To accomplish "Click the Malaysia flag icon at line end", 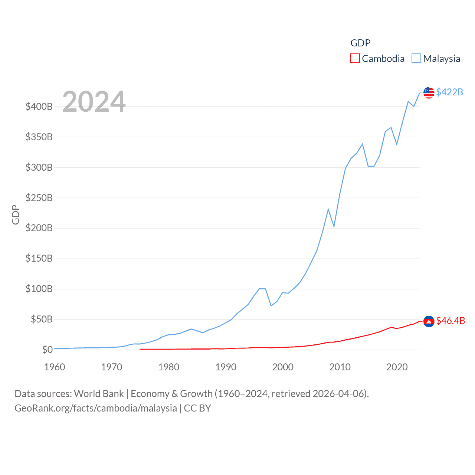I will (429, 93).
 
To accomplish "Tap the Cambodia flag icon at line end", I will (429, 321).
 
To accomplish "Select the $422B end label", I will (449, 92).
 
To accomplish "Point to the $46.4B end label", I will (451, 321).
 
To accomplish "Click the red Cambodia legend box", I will (355, 59).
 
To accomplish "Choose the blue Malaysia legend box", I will (416, 59).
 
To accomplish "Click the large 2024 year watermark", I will (94, 102).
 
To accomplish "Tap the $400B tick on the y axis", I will (39, 107).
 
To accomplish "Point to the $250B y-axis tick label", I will (39, 198).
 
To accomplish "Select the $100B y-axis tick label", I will (39, 289).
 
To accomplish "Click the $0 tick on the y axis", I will (47, 350).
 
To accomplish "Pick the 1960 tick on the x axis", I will (55, 367).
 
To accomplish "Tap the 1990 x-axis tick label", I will (226, 367).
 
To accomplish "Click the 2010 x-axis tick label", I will (340, 367).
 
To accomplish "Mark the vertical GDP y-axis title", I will (16, 214).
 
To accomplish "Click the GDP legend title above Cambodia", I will (360, 43).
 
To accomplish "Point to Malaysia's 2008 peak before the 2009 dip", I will (328, 209).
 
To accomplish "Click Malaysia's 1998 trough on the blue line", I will (271, 305).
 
